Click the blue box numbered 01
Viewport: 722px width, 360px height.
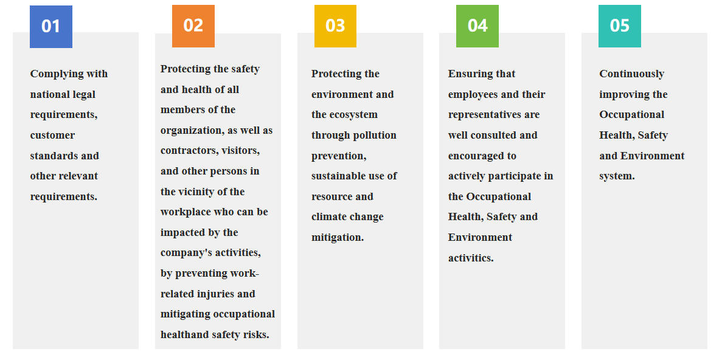coord(51,26)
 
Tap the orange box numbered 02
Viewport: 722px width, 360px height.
coord(193,26)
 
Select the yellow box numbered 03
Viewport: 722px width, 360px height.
coord(335,26)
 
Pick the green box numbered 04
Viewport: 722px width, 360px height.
coord(477,26)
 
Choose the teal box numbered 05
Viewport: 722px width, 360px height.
coord(620,26)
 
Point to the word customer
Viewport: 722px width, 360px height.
coord(52,136)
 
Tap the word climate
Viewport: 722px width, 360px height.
coord(329,217)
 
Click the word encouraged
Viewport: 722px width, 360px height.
coord(476,156)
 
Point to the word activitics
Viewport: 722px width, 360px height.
coord(471,258)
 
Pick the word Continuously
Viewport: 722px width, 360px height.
coord(632,74)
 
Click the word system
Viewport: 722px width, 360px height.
coord(617,176)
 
